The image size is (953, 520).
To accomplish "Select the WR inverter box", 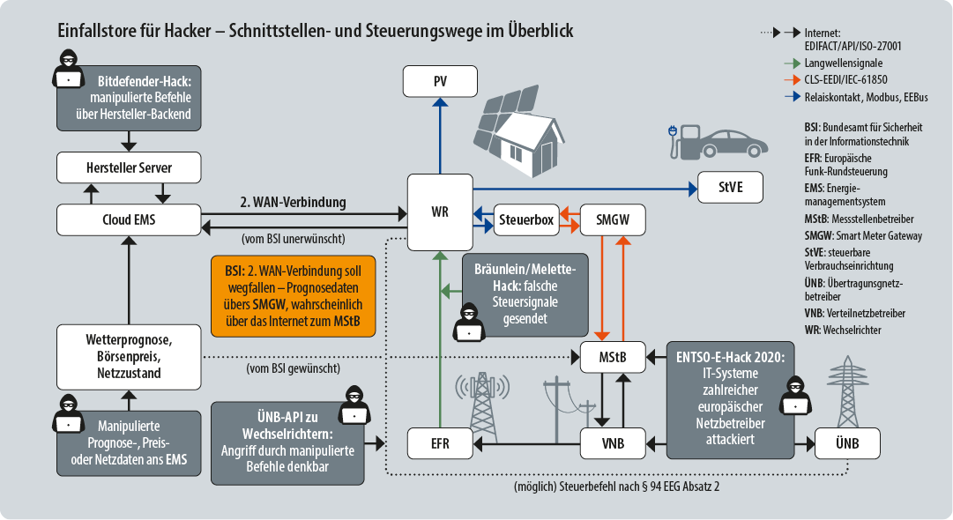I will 439,213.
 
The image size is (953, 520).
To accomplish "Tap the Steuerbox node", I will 525,219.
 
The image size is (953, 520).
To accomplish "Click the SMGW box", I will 612,219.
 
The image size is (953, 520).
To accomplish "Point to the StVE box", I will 732,187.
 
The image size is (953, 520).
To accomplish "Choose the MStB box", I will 612,357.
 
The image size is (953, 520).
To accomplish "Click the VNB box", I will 612,443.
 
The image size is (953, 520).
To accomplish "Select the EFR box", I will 439,443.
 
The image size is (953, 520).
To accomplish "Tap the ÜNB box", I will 846,442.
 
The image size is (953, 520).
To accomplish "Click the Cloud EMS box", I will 129,219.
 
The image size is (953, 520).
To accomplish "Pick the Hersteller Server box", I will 129,167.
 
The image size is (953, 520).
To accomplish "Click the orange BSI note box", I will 293,296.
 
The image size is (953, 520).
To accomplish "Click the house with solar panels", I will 520,130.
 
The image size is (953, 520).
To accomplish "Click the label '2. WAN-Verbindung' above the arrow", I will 293,202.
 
